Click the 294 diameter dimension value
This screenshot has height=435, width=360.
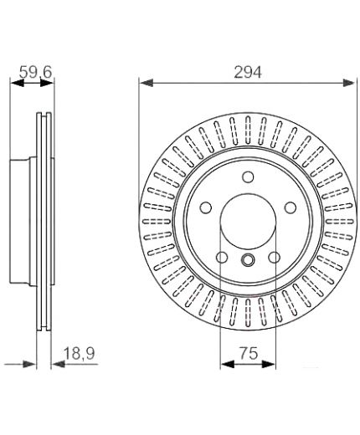(248, 72)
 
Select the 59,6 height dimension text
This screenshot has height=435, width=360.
(36, 72)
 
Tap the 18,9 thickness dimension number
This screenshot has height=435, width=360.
(80, 353)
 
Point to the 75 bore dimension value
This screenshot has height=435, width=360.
(249, 353)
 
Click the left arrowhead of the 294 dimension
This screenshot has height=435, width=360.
(147, 83)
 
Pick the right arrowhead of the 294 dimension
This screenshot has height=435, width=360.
(350, 83)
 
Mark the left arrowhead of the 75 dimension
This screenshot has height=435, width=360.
(228, 364)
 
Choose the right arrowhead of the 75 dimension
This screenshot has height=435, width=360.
(269, 364)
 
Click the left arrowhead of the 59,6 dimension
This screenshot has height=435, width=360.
(17, 83)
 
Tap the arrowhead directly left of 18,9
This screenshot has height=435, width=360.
(58, 364)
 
